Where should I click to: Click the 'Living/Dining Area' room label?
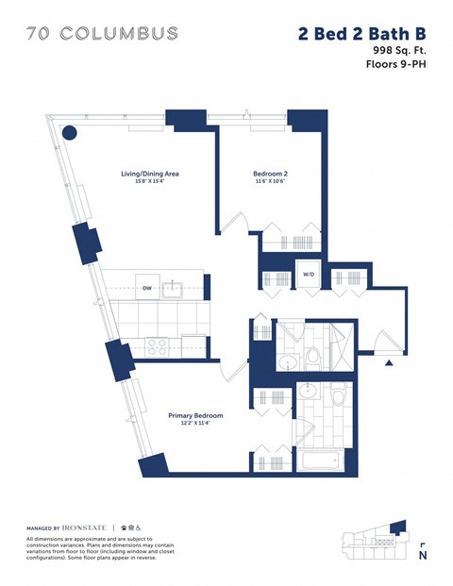150,174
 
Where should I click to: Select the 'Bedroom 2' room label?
272,174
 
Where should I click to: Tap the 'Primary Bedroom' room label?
195,415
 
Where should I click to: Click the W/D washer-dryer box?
309,275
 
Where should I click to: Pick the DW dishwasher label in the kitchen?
147,290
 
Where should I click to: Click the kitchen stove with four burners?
155,345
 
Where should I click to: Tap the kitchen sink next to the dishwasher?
175,289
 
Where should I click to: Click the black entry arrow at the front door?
388,362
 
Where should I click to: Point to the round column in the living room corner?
69,133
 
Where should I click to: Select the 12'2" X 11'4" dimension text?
195,424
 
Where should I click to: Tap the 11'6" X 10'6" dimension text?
272,182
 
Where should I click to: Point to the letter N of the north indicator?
422,556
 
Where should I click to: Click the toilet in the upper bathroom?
312,360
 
